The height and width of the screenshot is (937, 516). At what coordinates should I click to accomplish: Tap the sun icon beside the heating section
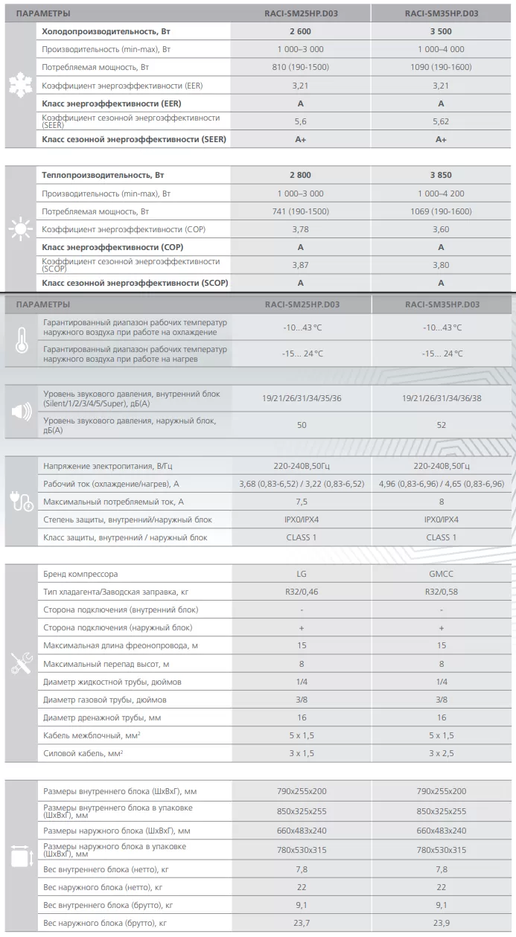[x=16, y=228]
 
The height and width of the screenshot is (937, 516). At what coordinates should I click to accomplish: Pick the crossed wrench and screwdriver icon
[x=20, y=665]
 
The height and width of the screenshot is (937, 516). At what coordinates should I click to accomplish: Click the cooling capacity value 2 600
[x=300, y=31]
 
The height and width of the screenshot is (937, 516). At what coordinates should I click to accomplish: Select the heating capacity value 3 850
[x=441, y=175]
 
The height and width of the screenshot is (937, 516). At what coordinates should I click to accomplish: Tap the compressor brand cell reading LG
[x=301, y=575]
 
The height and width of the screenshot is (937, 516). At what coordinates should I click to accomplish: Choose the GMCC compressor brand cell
[x=442, y=575]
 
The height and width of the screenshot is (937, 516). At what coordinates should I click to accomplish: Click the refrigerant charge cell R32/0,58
[x=442, y=592]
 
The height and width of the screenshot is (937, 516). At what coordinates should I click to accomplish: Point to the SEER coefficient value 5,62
[x=441, y=121]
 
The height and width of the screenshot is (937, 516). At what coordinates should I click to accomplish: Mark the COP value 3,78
[x=300, y=228]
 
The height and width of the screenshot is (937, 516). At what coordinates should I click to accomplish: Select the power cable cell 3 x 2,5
[x=442, y=753]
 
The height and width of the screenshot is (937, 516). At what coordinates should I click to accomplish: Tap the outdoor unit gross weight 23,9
[x=442, y=923]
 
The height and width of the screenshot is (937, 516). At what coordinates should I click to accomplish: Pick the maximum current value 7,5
[x=301, y=501]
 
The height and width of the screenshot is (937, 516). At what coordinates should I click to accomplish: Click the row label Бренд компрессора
[x=80, y=575]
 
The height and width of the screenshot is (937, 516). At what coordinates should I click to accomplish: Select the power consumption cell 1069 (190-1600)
[x=441, y=211]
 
